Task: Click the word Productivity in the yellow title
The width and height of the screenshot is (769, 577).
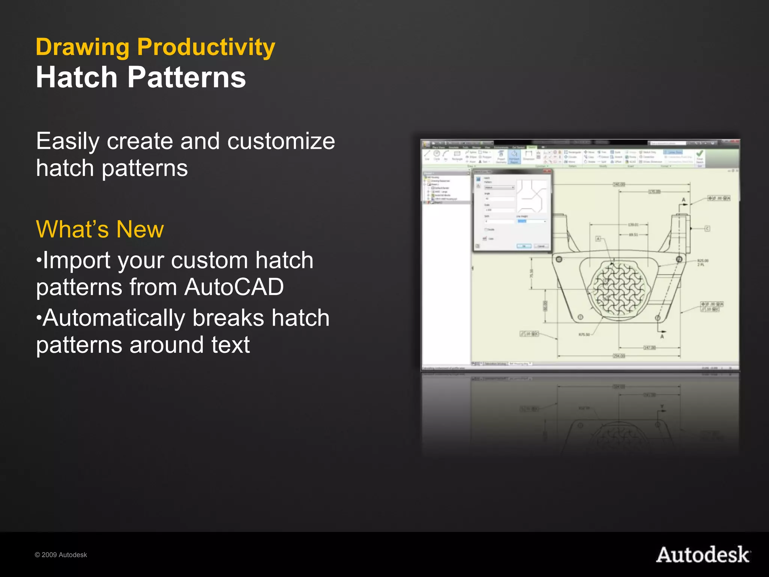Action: [x=206, y=48]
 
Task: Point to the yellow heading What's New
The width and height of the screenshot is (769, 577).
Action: [x=100, y=229]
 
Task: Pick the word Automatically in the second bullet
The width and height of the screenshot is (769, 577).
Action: [x=114, y=318]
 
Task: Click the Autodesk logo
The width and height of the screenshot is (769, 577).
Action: [x=703, y=555]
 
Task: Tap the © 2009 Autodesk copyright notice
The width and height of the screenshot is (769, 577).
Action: [x=61, y=555]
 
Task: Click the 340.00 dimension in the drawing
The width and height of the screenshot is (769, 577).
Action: [x=619, y=184]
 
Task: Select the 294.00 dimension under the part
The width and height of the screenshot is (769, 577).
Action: [x=619, y=355]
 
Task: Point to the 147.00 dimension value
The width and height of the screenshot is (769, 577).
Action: [x=650, y=347]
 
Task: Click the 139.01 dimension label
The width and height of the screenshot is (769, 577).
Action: [x=633, y=225]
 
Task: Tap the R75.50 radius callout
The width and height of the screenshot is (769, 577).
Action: [x=584, y=334]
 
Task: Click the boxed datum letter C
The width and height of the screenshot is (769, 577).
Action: [x=707, y=228]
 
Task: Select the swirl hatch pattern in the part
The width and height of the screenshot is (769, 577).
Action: [x=618, y=288]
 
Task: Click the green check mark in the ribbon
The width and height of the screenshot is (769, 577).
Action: [x=700, y=154]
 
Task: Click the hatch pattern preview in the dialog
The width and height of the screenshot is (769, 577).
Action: [x=532, y=196]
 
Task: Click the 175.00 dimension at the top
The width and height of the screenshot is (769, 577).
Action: [x=654, y=192]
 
